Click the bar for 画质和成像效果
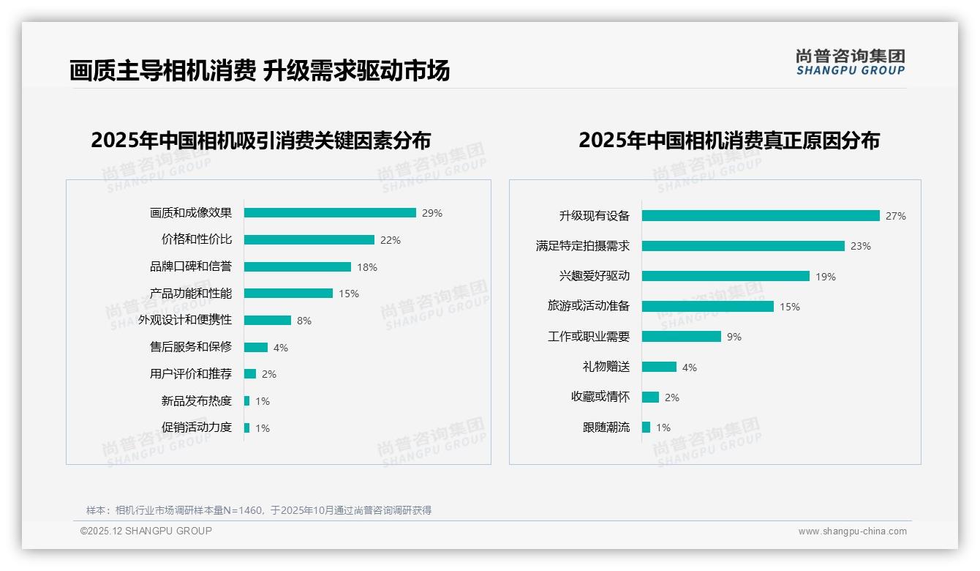click(x=330, y=213)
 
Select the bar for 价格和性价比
click(x=309, y=240)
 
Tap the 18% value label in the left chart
click(x=367, y=267)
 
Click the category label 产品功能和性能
click(x=191, y=294)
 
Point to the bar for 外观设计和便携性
click(x=268, y=321)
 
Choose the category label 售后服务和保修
click(x=191, y=347)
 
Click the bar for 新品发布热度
click(x=247, y=401)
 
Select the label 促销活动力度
click(x=197, y=428)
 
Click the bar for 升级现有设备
click(x=761, y=216)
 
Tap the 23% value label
click(x=861, y=246)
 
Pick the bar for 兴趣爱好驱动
click(x=725, y=276)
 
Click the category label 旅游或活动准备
click(x=589, y=306)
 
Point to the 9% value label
click(x=734, y=337)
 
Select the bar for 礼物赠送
click(x=659, y=367)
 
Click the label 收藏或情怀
click(x=600, y=397)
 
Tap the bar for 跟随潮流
click(x=646, y=428)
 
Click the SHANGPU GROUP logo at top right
click(x=851, y=62)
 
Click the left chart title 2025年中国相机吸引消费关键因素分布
click(x=261, y=140)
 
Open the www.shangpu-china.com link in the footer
click(x=852, y=531)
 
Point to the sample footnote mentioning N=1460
click(x=259, y=510)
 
